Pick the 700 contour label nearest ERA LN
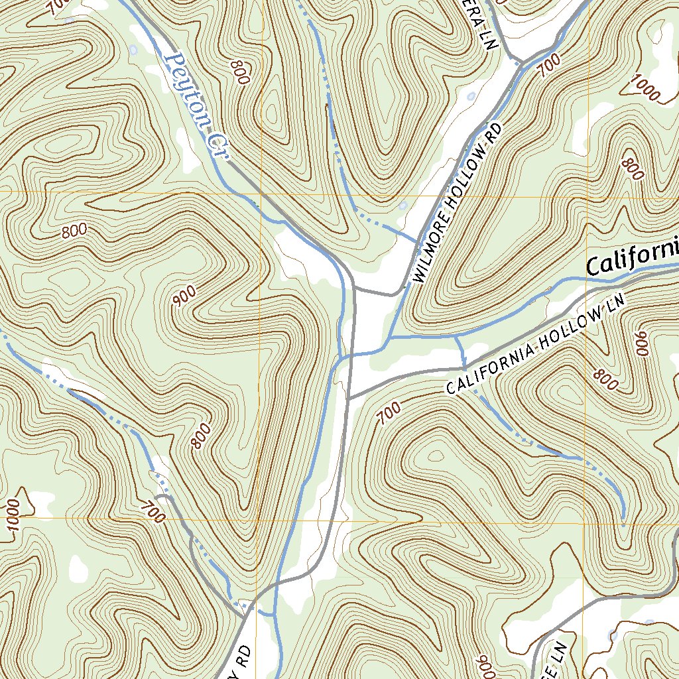550,66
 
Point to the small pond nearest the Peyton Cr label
135,50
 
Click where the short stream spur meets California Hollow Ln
463,367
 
